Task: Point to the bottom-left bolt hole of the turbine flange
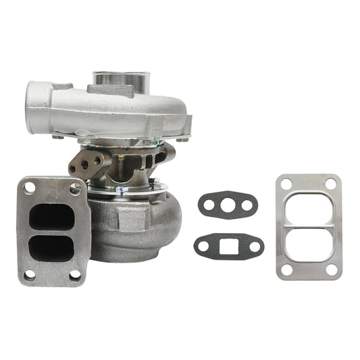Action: click(x=29, y=275)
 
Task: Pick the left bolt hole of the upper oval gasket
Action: click(x=207, y=201)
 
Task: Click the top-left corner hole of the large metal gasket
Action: click(x=286, y=183)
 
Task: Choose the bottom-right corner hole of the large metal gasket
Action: click(x=331, y=269)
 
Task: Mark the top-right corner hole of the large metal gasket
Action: click(x=330, y=183)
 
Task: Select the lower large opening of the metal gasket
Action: click(x=309, y=246)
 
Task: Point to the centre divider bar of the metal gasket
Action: click(x=309, y=226)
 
